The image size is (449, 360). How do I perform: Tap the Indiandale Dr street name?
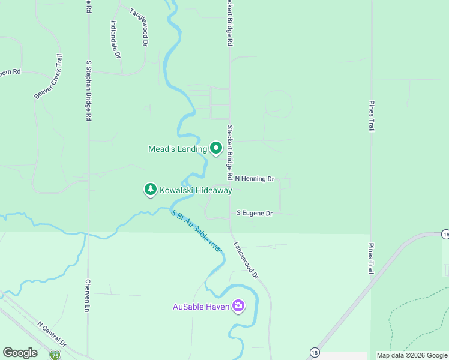point(116,40)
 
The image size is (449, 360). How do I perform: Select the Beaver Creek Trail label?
point(49,76)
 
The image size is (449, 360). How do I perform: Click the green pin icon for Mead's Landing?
point(216,148)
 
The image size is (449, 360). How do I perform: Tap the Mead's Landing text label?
point(177,149)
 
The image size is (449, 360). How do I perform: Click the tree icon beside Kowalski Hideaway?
point(150,190)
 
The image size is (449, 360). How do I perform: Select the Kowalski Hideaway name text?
point(195,191)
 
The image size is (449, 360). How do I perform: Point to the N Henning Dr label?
point(255,179)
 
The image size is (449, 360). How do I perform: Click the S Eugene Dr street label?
point(255,213)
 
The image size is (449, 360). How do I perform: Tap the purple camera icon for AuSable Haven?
point(238,307)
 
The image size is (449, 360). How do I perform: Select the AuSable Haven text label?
point(200,307)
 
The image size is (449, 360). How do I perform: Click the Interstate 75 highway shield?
point(55,355)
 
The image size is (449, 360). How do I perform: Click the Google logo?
point(20,353)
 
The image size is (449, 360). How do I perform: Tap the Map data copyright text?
point(411,355)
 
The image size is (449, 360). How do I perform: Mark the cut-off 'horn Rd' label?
point(10,72)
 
